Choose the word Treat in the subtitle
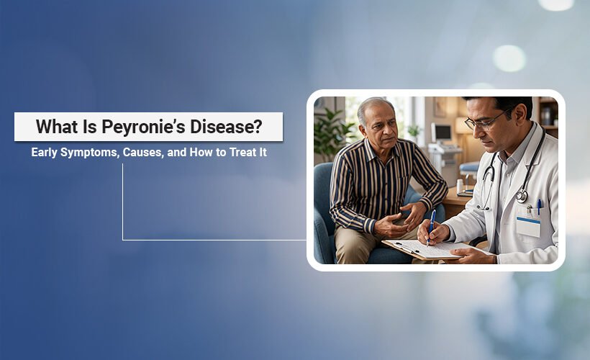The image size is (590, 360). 238,153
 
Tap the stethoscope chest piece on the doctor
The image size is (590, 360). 522,195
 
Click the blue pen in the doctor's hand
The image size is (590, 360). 432,225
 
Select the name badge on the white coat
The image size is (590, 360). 527,226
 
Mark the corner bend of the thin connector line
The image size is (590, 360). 123,240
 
